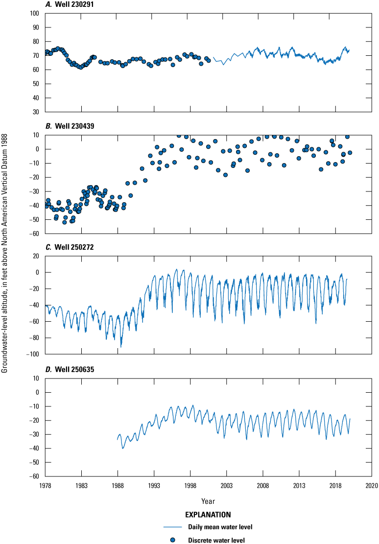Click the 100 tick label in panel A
[x=35, y=13]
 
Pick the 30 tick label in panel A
[x=36, y=112]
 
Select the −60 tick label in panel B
[x=35, y=234]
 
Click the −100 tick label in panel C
[x=33, y=354]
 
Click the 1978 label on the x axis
[x=45, y=485]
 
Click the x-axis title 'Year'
[x=208, y=501]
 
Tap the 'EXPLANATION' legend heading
[x=208, y=516]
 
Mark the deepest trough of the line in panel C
[x=121, y=347]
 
